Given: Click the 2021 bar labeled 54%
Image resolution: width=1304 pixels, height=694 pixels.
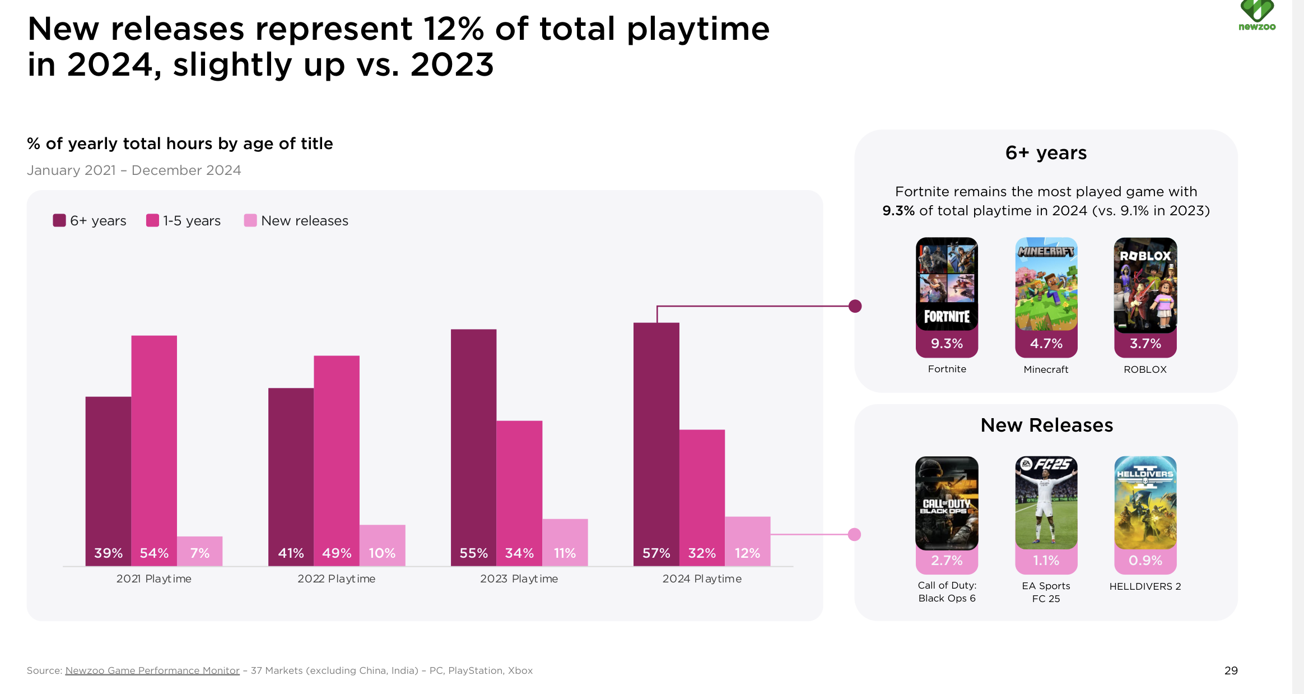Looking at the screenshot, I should (154, 448).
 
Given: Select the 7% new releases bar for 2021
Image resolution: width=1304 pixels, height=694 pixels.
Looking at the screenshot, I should (199, 550).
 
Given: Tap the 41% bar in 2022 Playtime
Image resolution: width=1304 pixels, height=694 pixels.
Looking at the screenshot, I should (291, 476).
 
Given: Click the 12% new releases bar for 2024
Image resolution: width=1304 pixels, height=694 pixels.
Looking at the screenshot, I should (747, 540).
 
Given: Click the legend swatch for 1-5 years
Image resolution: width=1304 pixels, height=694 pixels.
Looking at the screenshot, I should (152, 220).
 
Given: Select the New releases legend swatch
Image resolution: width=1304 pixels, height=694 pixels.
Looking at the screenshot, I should (250, 220).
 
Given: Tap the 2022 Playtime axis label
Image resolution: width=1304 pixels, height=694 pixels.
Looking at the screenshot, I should (336, 579).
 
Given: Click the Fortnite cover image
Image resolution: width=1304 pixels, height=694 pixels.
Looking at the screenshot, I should (947, 284).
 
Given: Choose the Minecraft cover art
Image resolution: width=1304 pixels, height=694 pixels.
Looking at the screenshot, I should (1046, 284).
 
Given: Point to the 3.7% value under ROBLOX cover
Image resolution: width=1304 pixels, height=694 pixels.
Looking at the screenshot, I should (1145, 344).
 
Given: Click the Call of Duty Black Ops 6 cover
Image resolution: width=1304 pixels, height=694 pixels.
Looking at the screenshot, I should (947, 502).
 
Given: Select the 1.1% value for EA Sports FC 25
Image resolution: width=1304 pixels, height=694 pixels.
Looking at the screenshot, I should (1046, 561).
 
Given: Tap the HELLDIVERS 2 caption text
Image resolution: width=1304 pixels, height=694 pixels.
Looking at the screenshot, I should (1145, 586).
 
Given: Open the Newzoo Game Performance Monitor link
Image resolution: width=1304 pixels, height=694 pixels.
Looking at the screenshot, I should (152, 670).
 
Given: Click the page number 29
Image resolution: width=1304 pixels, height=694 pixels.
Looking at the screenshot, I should (1231, 670).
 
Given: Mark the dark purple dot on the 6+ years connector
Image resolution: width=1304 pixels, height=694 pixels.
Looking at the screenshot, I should (855, 306).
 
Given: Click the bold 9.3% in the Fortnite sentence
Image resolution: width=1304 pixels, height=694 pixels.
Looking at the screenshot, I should (898, 211).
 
